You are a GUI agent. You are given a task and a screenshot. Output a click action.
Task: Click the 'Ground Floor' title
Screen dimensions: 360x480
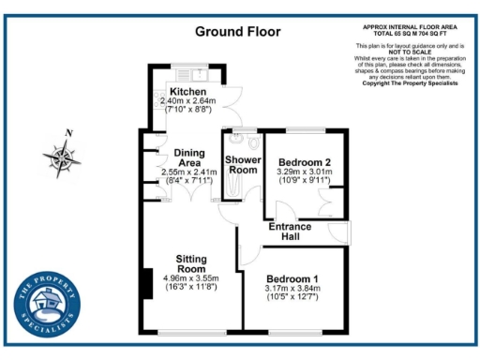click(237, 32)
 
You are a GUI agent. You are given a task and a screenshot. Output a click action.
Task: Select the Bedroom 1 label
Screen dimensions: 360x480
click(292, 278)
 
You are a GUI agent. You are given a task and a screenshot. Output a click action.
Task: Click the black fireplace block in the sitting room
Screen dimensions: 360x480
click(146, 284)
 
